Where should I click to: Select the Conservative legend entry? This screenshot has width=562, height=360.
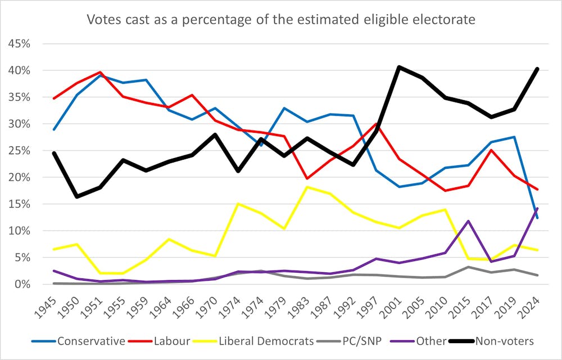pyautogui.click(x=90, y=341)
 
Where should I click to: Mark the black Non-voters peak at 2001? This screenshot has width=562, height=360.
pyautogui.click(x=399, y=67)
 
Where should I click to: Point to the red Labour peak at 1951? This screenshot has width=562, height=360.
pyautogui.click(x=100, y=72)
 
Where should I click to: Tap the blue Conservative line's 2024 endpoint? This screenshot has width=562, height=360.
pyautogui.click(x=537, y=218)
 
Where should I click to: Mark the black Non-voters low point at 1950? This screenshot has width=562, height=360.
pyautogui.click(x=77, y=196)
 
